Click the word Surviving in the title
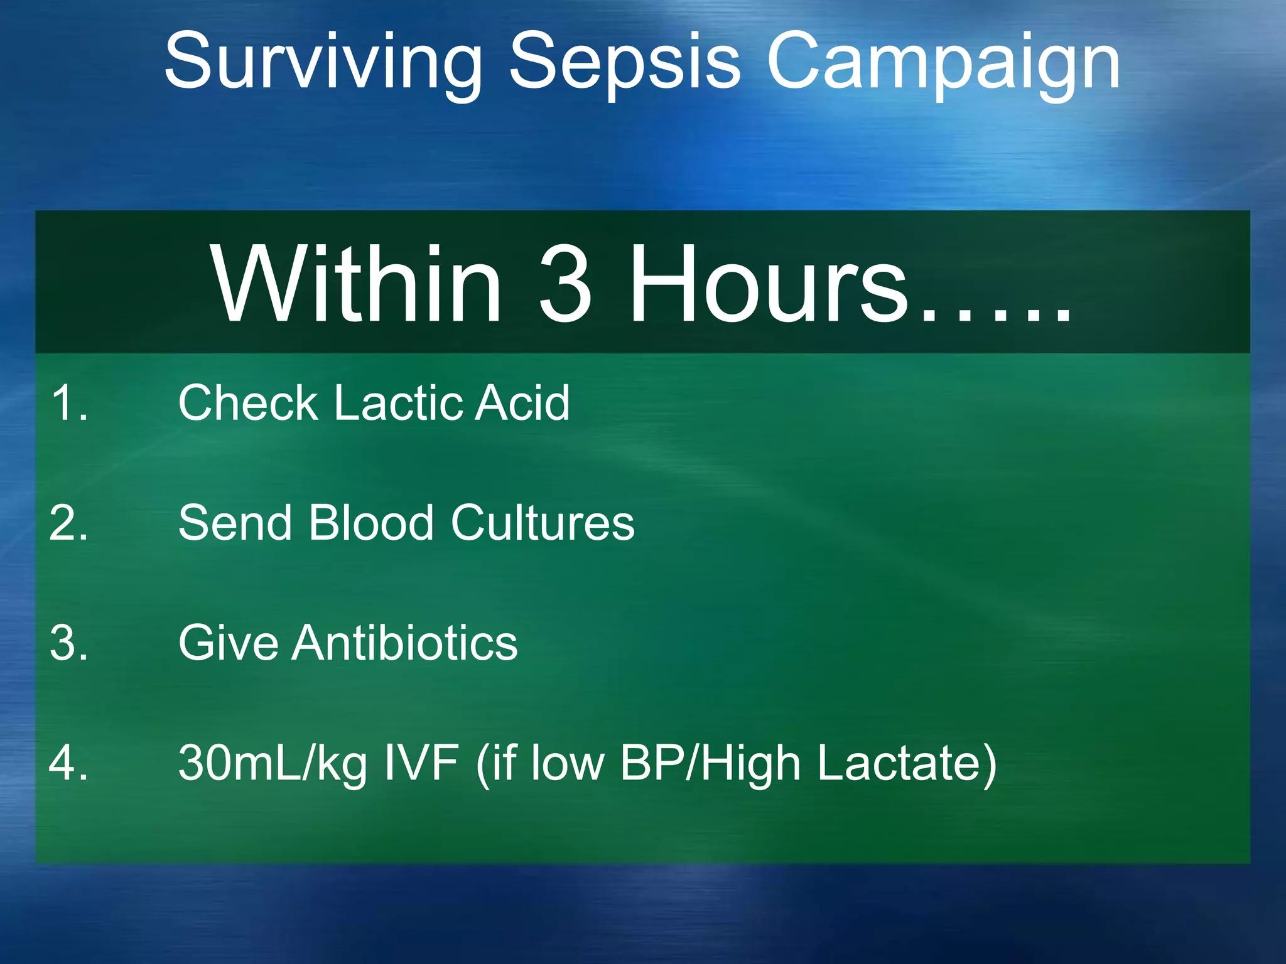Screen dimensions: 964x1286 (x=323, y=63)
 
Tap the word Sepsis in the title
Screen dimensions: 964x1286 (x=625, y=63)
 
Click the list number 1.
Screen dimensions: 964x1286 (x=69, y=402)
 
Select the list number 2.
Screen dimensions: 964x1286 (x=69, y=523)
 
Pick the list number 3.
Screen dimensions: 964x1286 (x=69, y=643)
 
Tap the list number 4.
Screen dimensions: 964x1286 (x=69, y=763)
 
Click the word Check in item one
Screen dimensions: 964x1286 (x=249, y=402)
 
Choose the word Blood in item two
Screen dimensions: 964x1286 (x=370, y=523)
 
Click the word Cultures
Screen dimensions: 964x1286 (x=543, y=523)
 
